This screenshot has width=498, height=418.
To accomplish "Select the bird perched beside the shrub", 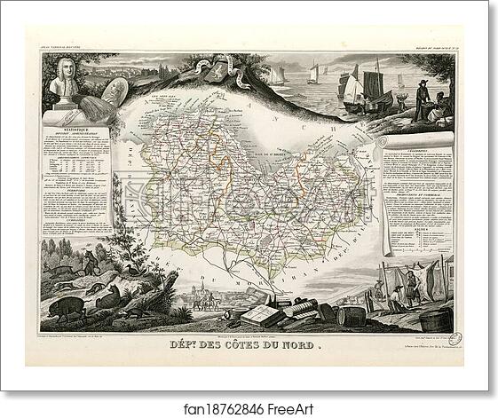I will pos(132,270).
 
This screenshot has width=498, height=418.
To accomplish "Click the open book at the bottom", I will pos(265,313).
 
